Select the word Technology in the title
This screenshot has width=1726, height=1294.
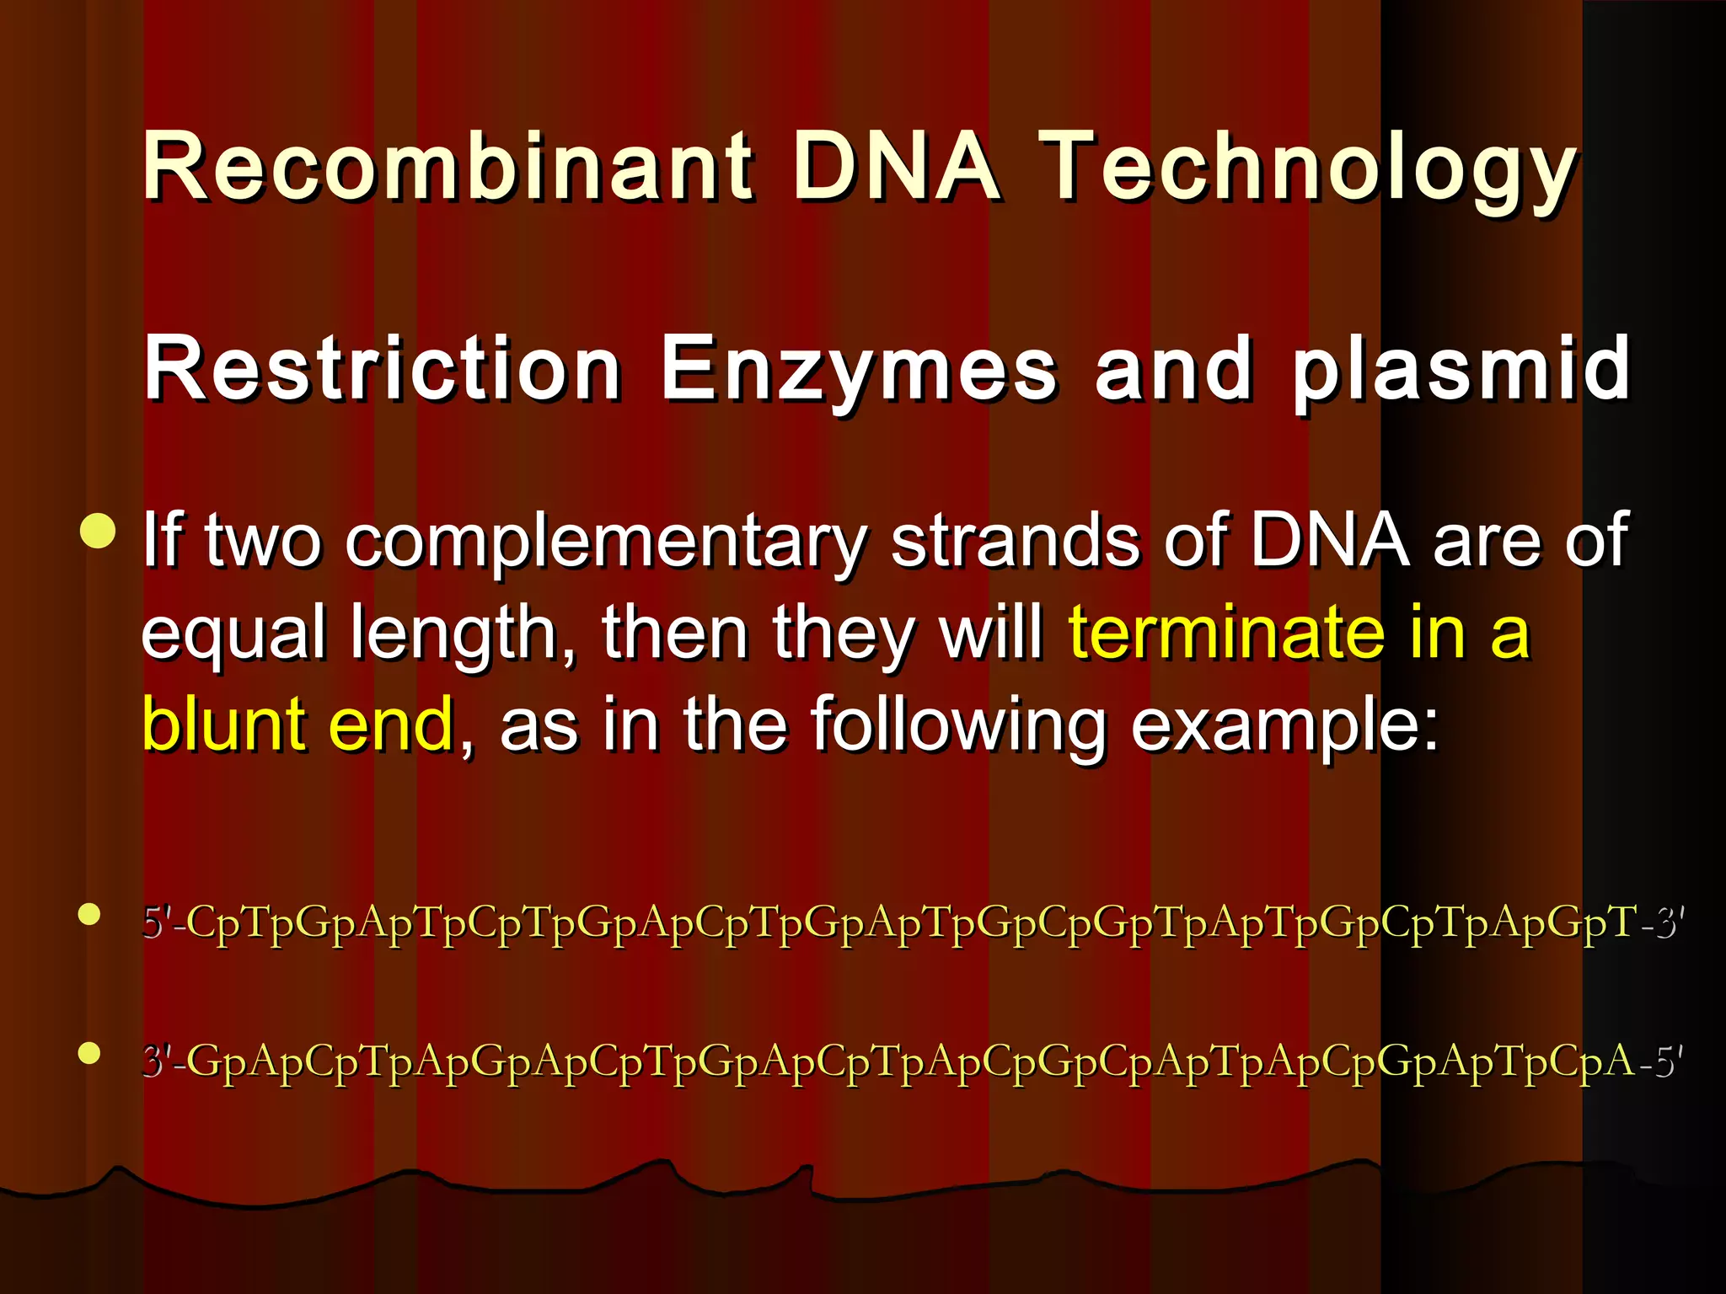tap(1306, 168)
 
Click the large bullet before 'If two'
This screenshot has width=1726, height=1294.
tap(99, 530)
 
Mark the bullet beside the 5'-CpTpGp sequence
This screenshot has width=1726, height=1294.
tap(89, 914)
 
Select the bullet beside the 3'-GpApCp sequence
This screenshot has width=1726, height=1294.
tap(89, 1052)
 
